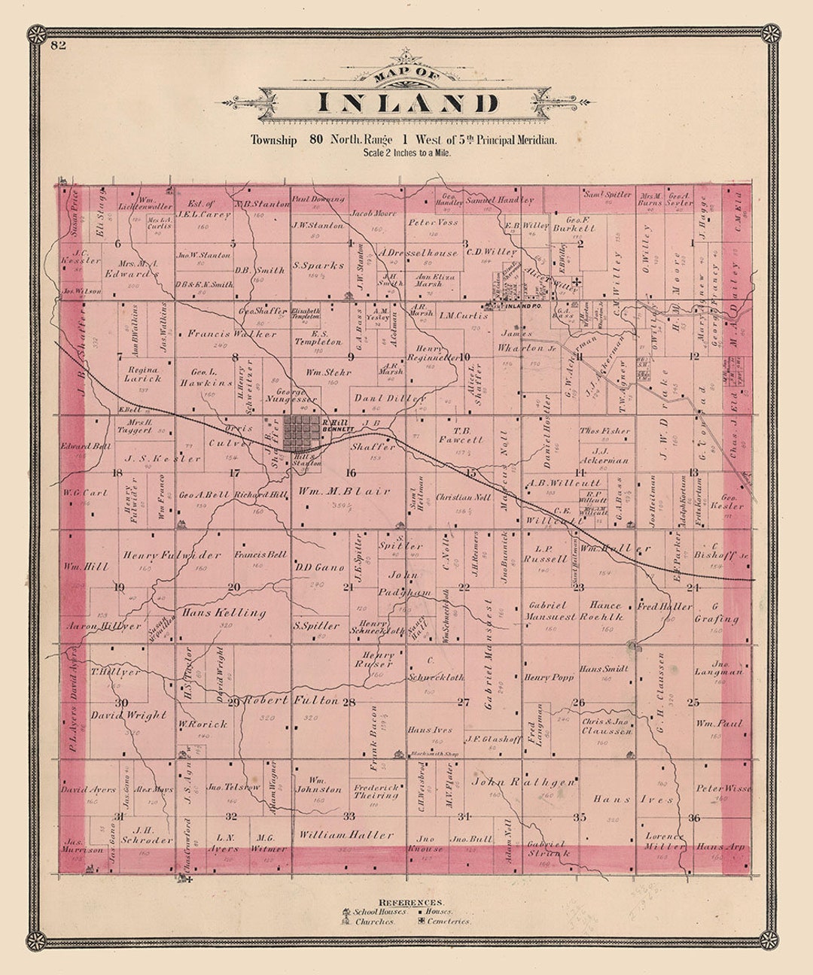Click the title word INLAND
coord(406,103)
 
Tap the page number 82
coord(59,46)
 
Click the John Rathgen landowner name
coord(525,782)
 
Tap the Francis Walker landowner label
coord(222,333)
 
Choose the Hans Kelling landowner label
coord(224,612)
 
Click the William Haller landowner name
coord(346,834)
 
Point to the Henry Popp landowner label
coord(549,678)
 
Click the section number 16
coord(351,473)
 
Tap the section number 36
coord(694,818)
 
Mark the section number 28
coord(349,702)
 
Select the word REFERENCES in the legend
coord(411,902)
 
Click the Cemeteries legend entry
coord(448,921)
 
